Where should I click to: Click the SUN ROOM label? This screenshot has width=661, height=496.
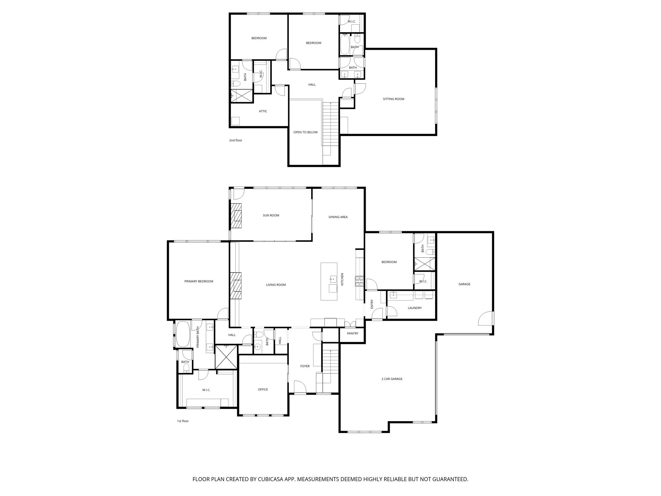point(271,215)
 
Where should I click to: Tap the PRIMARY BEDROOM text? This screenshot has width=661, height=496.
point(199,281)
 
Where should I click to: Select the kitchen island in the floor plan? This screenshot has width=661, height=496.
point(329,282)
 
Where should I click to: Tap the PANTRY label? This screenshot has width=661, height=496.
point(352,333)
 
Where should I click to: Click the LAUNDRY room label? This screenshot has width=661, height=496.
point(414,308)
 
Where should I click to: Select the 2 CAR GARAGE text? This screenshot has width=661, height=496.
point(392,379)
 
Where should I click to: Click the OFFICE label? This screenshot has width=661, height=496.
point(263,389)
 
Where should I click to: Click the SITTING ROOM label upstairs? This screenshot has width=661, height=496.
point(393,99)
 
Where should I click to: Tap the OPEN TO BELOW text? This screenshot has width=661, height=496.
point(305,132)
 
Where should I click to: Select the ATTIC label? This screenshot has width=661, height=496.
point(263,111)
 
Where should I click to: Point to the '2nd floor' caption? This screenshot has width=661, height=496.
point(236,140)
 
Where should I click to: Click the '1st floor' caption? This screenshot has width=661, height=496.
point(183,421)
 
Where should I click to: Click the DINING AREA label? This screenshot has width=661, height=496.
point(338,217)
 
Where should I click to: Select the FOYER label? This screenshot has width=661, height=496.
point(305,366)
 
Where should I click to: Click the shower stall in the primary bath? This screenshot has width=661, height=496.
point(226,356)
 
